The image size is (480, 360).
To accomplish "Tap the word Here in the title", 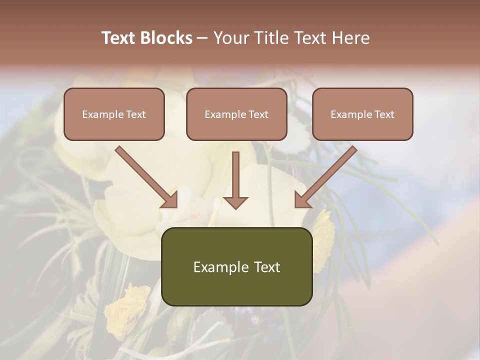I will click(351, 38).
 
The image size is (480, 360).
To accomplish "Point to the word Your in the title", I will click(230, 38).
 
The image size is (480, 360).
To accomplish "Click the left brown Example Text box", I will click(114, 114).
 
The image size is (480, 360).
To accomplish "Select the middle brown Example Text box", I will click(236, 114).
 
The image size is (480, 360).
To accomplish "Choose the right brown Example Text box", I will click(362, 114).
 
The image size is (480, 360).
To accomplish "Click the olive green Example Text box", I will click(236, 266).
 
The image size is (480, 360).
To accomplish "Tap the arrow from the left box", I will click(145, 175).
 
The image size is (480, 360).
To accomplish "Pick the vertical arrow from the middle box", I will click(235, 177).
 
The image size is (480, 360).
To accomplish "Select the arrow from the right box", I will click(327, 175).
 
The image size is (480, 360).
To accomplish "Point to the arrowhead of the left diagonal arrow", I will click(170, 199).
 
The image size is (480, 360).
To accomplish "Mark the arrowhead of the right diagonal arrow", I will click(302, 199).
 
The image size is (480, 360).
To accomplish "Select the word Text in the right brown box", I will click(384, 114).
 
